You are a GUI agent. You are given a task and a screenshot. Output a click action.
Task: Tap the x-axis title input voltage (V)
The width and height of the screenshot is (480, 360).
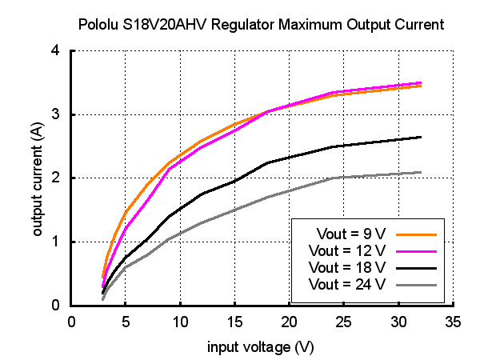tap(261, 347)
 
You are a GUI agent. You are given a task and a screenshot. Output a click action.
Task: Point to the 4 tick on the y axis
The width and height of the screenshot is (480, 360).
tap(56, 50)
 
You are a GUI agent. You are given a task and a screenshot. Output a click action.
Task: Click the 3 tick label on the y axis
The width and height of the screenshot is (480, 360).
tap(56, 114)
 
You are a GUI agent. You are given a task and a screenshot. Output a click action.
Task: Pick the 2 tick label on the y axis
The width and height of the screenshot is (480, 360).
tap(56, 178)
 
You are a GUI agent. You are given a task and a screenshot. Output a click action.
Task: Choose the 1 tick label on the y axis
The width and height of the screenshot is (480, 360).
tap(56, 242)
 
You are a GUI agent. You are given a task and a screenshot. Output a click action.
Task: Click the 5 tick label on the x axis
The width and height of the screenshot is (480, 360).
tap(126, 322)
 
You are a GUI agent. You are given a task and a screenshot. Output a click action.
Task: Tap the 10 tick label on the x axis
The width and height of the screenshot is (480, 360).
tap(180, 322)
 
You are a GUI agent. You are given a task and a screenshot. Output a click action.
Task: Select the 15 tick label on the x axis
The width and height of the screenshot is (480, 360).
tap(234, 322)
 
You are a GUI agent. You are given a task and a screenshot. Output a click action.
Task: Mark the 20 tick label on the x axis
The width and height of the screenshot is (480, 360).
tap(290, 322)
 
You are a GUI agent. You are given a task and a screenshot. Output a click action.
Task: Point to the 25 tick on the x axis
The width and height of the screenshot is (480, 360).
tap(344, 322)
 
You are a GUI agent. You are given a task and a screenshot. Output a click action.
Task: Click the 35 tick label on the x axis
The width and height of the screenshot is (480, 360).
tap(453, 322)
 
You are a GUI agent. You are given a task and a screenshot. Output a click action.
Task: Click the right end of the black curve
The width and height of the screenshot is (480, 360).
tap(421, 137)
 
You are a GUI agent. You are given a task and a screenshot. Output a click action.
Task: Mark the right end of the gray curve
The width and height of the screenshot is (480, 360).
tap(421, 172)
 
